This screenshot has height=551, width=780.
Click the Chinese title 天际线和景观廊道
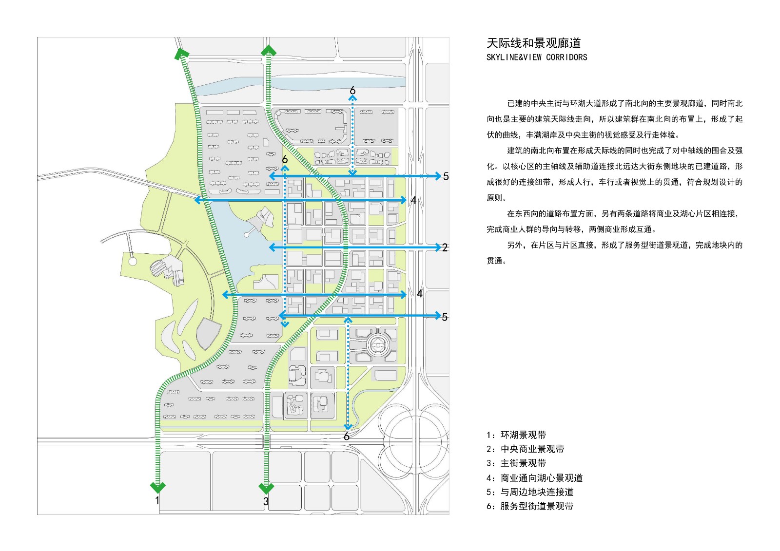coord(533,43)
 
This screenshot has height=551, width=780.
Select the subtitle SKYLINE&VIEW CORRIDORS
coord(537,57)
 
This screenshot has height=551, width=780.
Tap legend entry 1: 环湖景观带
coord(516,435)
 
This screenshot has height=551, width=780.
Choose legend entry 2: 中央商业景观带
coord(525,449)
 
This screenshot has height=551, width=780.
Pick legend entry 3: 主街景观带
coord(516,463)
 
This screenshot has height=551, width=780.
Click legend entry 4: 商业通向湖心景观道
coord(534,478)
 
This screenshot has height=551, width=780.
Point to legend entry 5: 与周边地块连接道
coord(530,492)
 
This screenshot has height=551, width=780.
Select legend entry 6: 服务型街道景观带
coord(530,506)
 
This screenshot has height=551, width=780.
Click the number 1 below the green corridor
coord(157,500)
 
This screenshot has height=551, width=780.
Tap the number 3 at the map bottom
coord(266,502)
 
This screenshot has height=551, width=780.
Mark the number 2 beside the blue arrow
coord(445,247)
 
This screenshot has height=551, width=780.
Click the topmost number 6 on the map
coord(352,91)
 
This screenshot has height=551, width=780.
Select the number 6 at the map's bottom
coord(346,437)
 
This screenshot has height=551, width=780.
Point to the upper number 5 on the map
coord(446,176)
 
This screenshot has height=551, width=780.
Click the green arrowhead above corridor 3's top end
coord(269,51)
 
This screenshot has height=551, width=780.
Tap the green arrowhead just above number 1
coord(158,487)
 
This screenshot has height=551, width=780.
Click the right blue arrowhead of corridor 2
coord(438,247)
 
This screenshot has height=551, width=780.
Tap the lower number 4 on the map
coord(420,294)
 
